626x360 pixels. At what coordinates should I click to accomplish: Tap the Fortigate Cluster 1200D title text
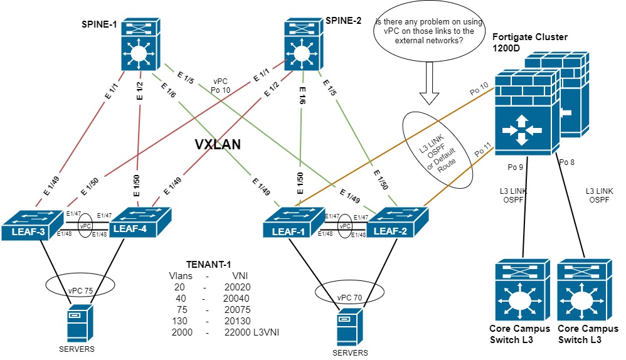coord(530,43)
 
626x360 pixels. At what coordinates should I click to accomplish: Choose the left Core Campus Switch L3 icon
coord(519,292)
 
